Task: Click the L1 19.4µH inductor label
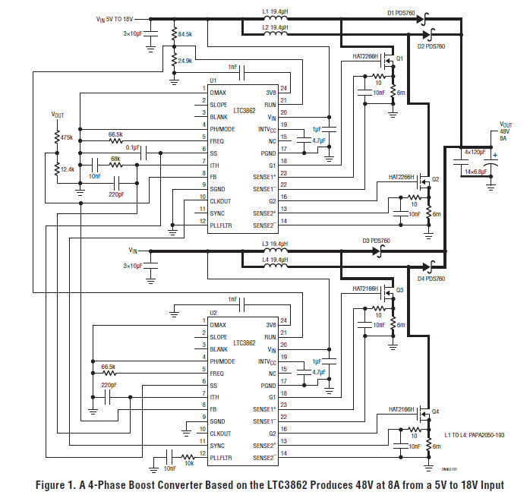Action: pos(275,11)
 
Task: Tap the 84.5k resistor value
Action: pos(185,34)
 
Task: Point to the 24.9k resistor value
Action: pos(185,60)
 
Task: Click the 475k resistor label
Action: pos(65,137)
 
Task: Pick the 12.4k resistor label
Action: pos(66,169)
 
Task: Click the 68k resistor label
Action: pos(116,159)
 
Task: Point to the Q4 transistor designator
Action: pos(435,412)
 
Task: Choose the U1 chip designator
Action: pos(213,80)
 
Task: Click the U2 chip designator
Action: pos(213,313)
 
